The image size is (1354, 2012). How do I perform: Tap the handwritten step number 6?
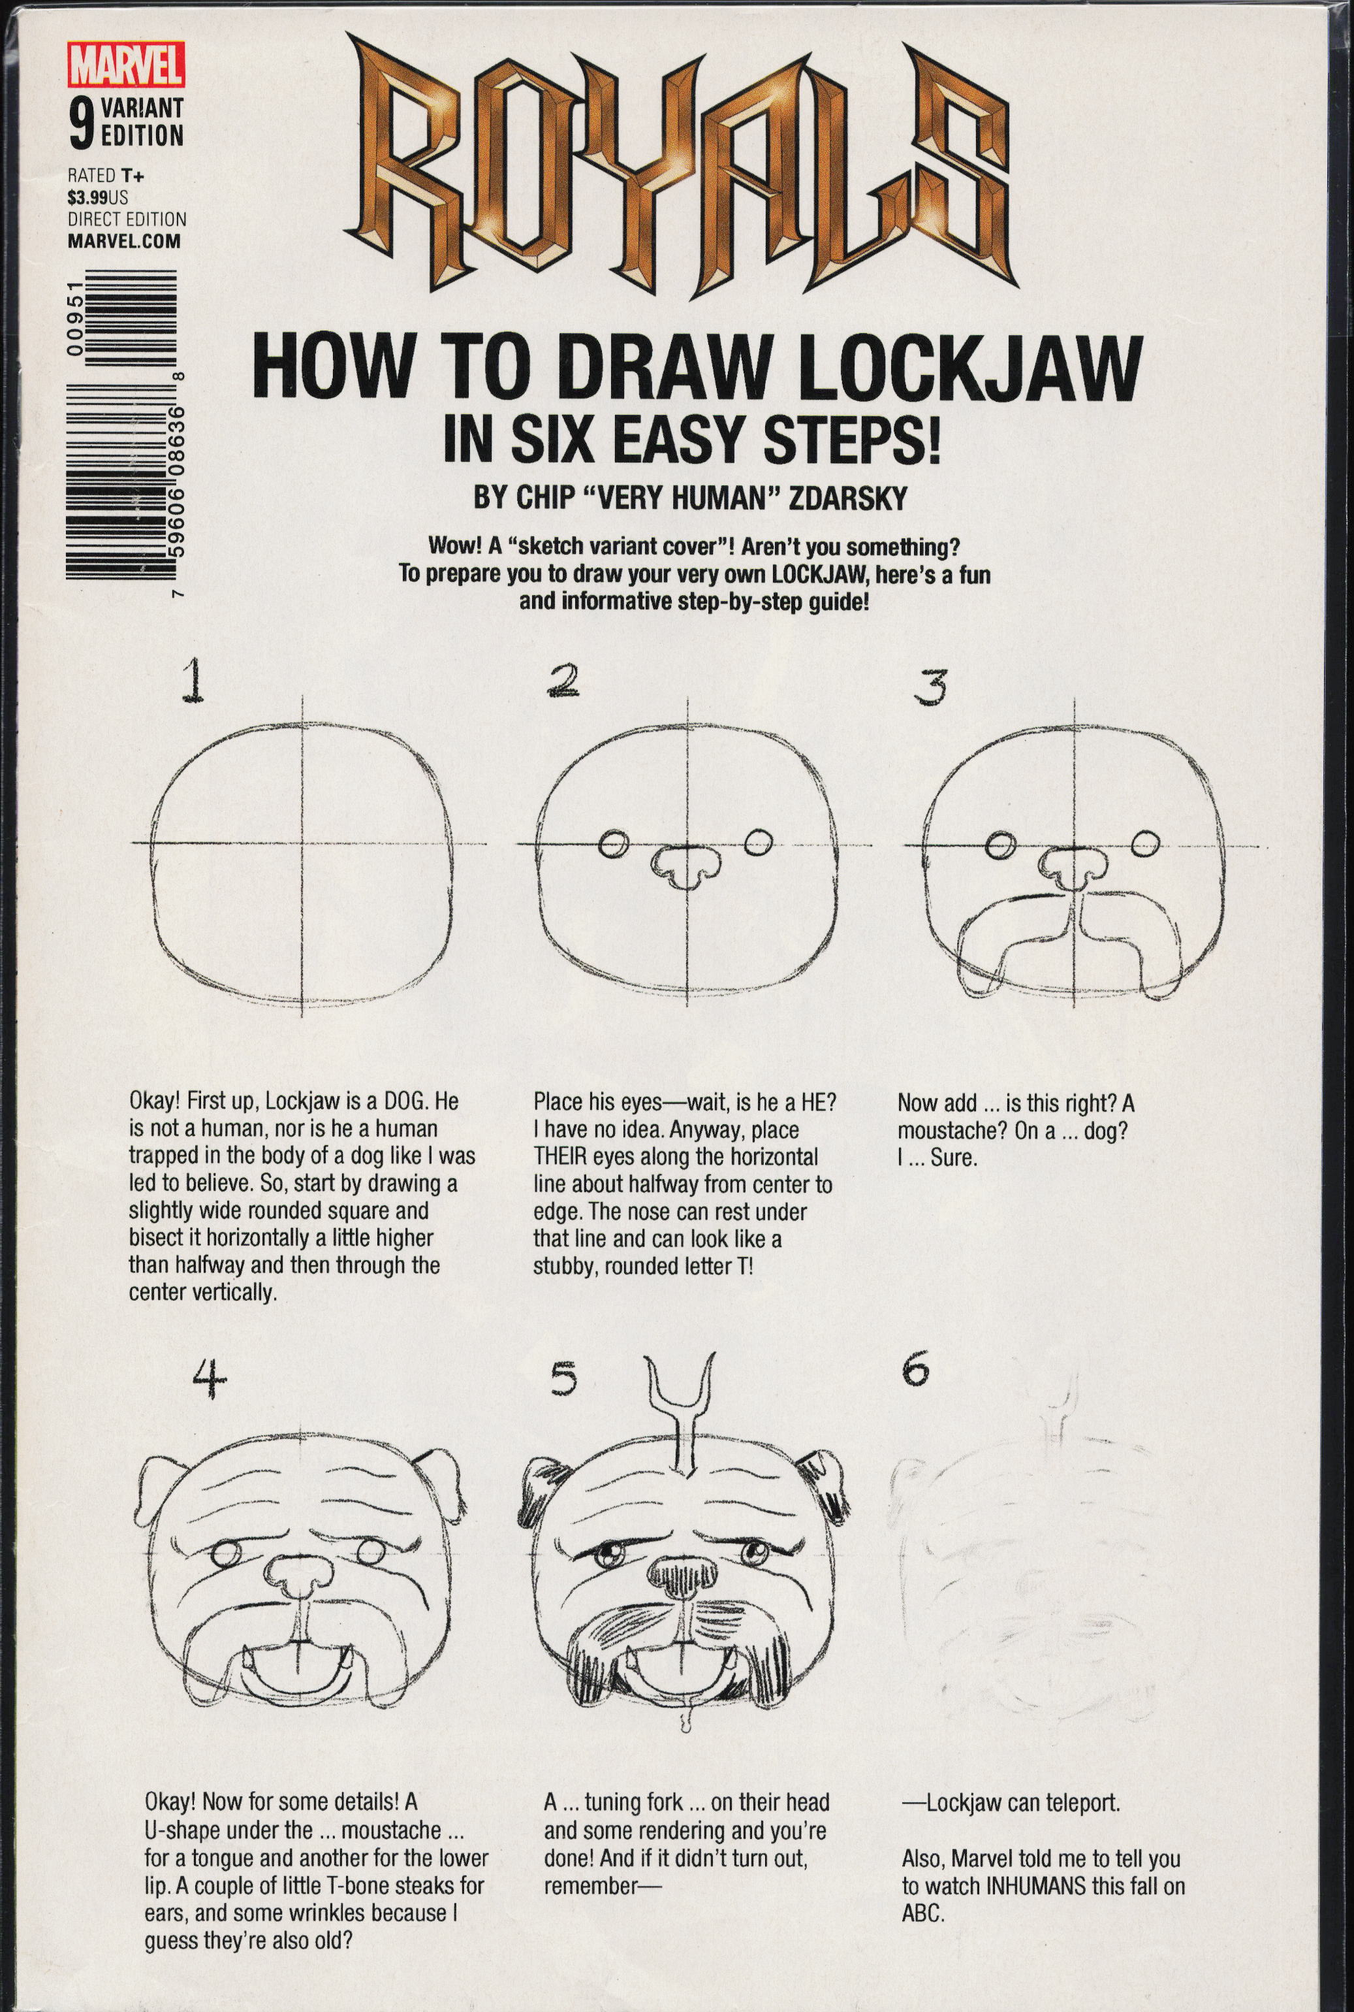pos(916,1370)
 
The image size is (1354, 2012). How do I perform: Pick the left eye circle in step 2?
pos(613,844)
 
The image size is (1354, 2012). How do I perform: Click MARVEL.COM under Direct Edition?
pos(124,241)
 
